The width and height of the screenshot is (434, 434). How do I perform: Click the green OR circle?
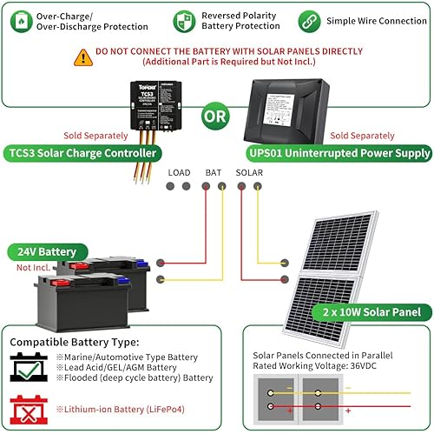pos(216,116)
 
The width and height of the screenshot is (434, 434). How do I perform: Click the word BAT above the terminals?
pos(214,173)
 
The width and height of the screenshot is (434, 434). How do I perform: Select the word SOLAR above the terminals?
pos(250,173)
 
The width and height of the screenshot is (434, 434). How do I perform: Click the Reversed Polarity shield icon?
pos(185,21)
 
